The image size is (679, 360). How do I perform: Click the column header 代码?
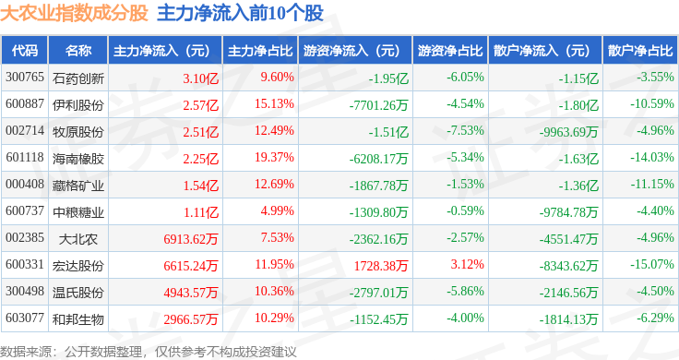click(25, 51)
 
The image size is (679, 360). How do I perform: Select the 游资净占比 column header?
click(450, 51)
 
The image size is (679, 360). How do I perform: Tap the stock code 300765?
click(25, 78)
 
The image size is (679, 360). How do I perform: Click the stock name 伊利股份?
click(78, 105)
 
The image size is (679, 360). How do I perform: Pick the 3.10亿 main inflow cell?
click(200, 78)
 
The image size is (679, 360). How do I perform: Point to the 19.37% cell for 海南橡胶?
click(274, 157)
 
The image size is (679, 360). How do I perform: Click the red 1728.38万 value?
click(381, 266)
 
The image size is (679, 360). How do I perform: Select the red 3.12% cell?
click(467, 264)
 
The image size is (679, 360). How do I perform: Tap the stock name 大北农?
click(78, 239)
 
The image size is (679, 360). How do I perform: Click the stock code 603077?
click(25, 318)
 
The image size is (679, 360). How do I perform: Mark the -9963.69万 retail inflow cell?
click(568, 132)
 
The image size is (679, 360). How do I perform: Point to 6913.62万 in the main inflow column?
click(191, 239)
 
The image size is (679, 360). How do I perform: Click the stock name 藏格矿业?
click(78, 186)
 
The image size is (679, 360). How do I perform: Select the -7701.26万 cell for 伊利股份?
click(379, 105)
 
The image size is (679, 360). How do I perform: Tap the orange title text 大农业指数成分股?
click(74, 14)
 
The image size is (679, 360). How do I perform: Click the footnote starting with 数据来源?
click(149, 352)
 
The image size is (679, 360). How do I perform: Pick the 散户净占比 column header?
click(640, 51)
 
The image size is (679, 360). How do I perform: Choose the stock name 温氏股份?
click(78, 293)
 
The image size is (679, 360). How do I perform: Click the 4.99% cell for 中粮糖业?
click(278, 211)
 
